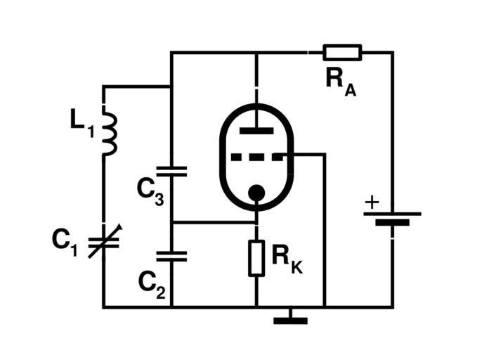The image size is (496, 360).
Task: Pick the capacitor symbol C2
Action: pyautogui.click(x=172, y=256)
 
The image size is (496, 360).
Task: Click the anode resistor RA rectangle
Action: pyautogui.click(x=342, y=52)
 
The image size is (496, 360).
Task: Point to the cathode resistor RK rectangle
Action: pyautogui.click(x=256, y=258)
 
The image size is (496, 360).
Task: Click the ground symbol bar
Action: pyautogui.click(x=290, y=321)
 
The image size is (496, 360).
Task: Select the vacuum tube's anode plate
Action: pyautogui.click(x=256, y=130)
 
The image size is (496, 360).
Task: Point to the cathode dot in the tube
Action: pyautogui.click(x=257, y=192)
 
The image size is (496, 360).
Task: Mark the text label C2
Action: pyautogui.click(x=152, y=283)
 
